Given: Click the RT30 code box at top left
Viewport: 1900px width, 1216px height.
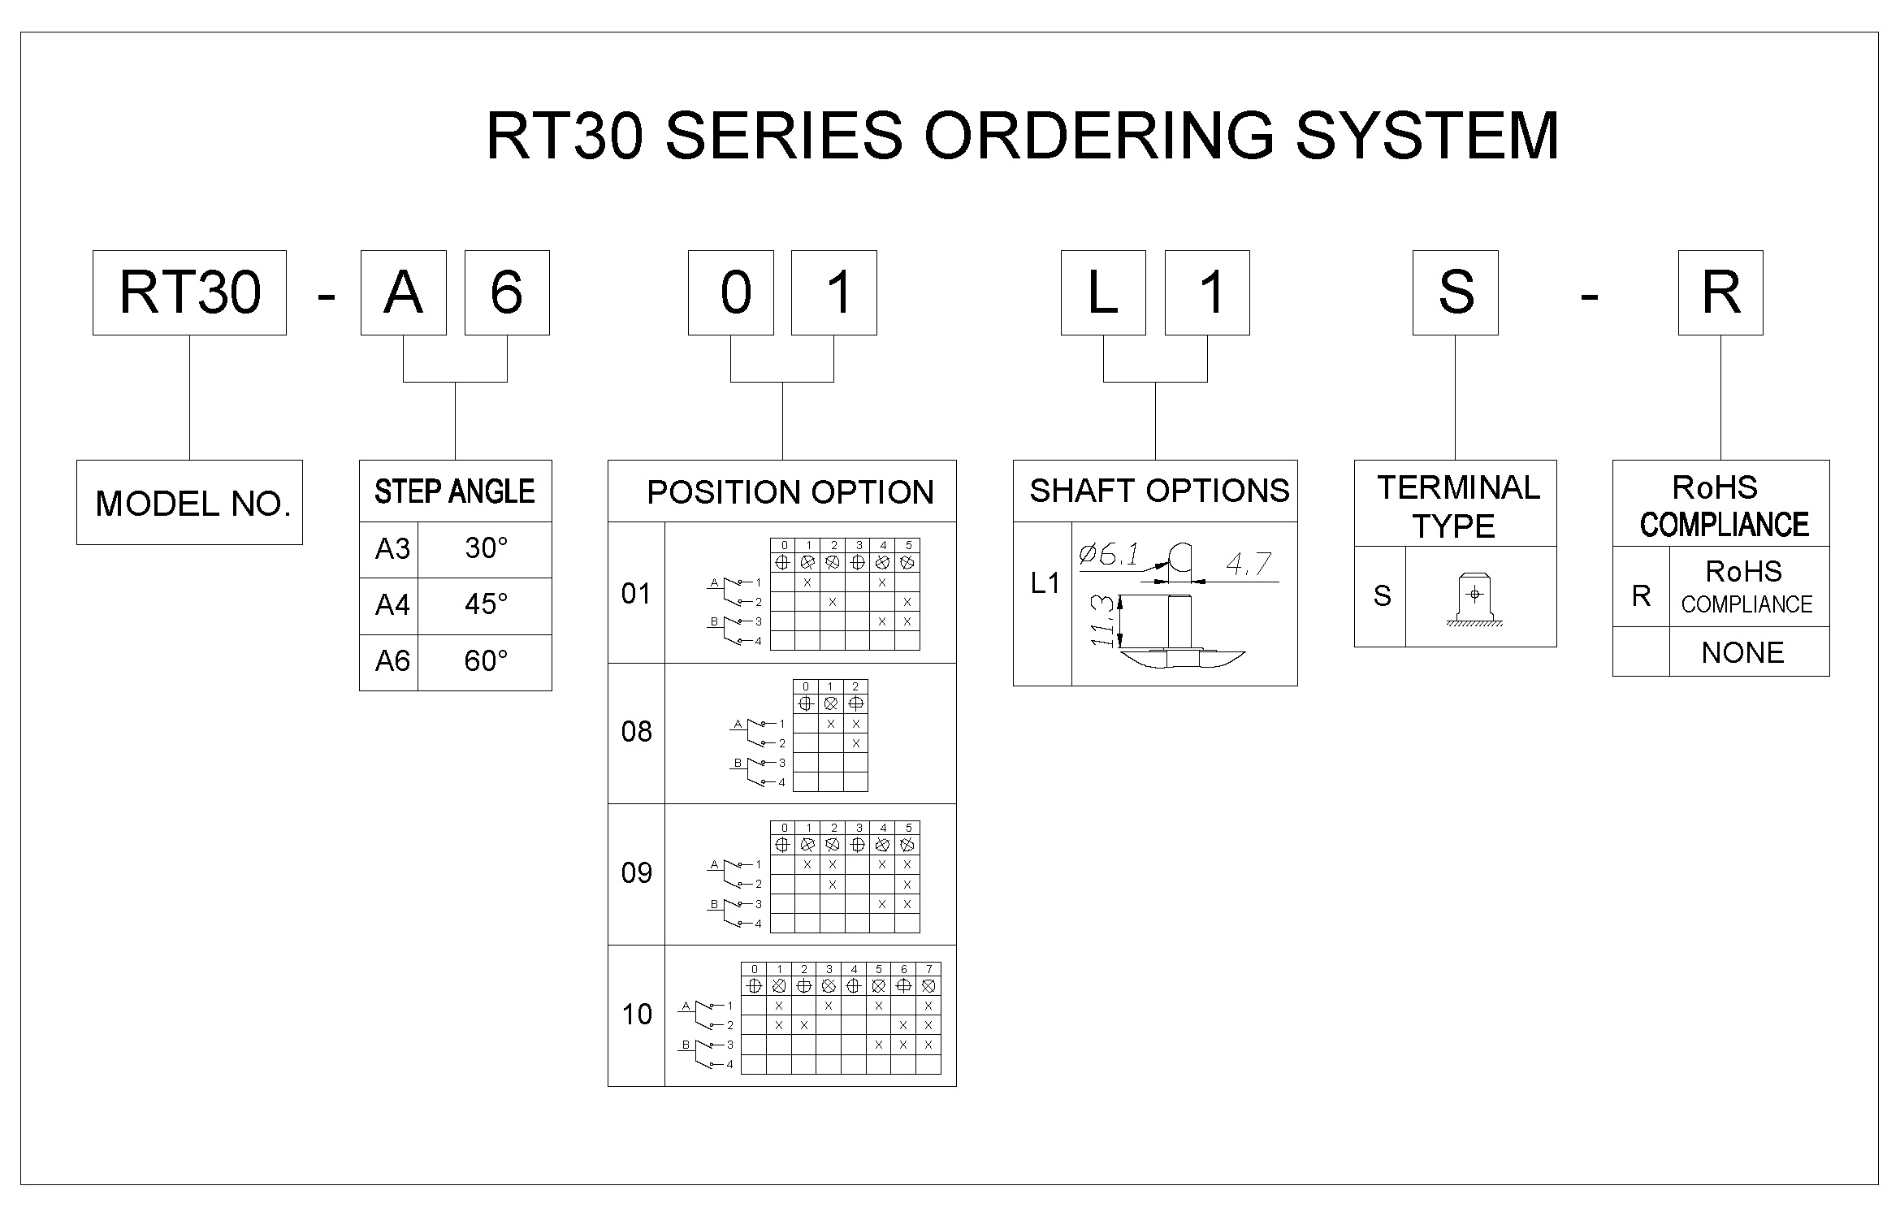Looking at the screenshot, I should pyautogui.click(x=189, y=292).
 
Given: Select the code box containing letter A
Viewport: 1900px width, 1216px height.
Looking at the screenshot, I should pyautogui.click(x=403, y=292).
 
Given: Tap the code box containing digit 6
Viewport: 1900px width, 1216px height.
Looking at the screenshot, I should pyautogui.click(x=506, y=292).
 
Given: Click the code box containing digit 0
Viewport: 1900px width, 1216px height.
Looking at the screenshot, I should pyautogui.click(x=730, y=292).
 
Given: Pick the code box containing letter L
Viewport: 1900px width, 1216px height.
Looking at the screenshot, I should pyautogui.click(x=1103, y=292).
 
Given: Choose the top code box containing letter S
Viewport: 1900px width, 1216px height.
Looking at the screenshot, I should pyautogui.click(x=1455, y=292).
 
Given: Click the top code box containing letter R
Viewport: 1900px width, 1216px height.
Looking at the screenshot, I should pyautogui.click(x=1720, y=292).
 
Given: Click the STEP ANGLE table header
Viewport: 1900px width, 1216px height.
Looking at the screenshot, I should pyautogui.click(x=455, y=491).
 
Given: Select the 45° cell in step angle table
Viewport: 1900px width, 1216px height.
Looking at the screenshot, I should pyautogui.click(x=486, y=605).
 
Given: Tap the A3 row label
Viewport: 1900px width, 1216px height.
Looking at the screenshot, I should pyautogui.click(x=392, y=549).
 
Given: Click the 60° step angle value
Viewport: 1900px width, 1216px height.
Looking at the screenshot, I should pyautogui.click(x=486, y=661).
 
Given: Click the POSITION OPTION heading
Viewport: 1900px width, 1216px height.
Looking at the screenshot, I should pyautogui.click(x=790, y=492).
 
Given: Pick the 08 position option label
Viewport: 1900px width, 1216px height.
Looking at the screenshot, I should pyautogui.click(x=636, y=732).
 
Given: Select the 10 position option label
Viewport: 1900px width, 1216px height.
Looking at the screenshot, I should pyautogui.click(x=636, y=1015).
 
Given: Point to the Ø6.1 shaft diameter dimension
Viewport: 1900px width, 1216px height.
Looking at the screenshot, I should pyautogui.click(x=1108, y=556).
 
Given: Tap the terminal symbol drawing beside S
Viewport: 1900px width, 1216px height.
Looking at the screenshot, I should pyautogui.click(x=1474, y=599).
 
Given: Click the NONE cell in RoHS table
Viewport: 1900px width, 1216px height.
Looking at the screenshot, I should pyautogui.click(x=1742, y=652).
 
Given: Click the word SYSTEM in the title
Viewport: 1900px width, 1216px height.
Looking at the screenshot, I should pyautogui.click(x=1426, y=136).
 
